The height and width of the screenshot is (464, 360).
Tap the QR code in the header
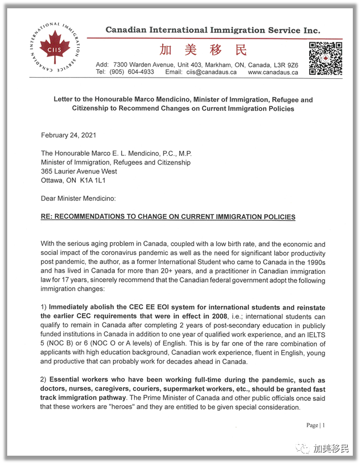point(325,58)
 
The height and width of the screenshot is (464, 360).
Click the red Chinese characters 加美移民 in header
point(203,50)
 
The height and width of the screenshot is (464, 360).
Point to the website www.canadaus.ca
point(273,72)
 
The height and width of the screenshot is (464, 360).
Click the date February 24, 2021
point(69,135)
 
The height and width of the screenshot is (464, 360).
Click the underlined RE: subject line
point(168,217)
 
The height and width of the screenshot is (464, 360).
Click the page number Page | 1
point(316,425)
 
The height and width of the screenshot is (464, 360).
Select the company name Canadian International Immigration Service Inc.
point(213,30)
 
